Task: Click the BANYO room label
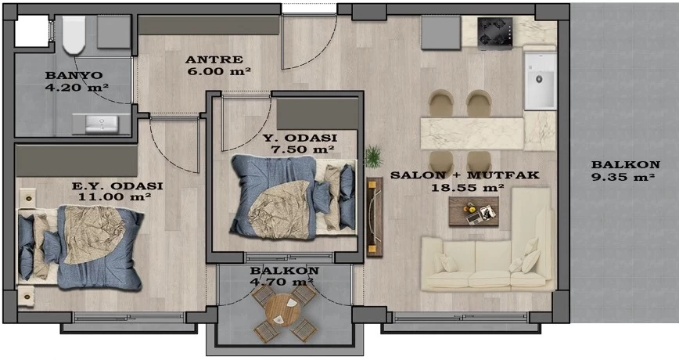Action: click(x=74, y=75)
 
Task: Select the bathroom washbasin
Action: click(x=102, y=124)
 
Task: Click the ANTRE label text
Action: click(x=214, y=59)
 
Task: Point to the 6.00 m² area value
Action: click(x=219, y=71)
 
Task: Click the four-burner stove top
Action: click(x=495, y=31)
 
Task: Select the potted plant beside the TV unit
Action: click(x=373, y=157)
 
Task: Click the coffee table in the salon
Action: click(x=473, y=211)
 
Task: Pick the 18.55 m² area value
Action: click(x=467, y=188)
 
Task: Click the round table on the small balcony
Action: click(x=282, y=311)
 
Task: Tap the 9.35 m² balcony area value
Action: click(x=622, y=177)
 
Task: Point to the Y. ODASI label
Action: click(x=300, y=139)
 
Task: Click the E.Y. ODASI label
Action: click(x=117, y=186)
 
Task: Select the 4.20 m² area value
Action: click(x=77, y=87)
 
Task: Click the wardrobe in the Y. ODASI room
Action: click(x=318, y=113)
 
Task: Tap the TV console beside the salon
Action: click(x=374, y=217)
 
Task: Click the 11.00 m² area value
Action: click(x=114, y=196)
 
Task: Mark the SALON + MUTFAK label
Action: click(x=465, y=175)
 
